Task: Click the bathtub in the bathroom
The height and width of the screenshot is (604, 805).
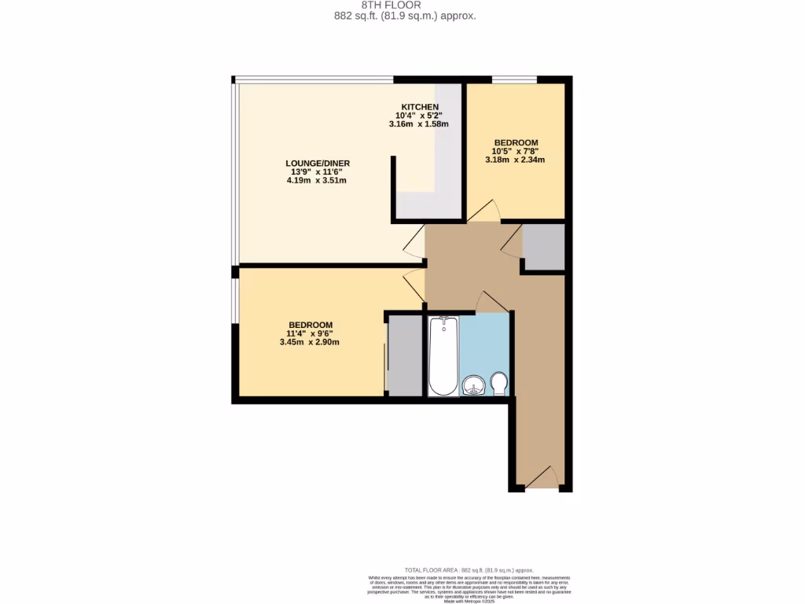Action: click(x=443, y=355)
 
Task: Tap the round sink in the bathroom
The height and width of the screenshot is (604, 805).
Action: click(x=473, y=385)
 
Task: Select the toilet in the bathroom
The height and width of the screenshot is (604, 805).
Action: click(x=498, y=385)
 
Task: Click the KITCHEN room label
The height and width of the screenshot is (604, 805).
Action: click(x=420, y=107)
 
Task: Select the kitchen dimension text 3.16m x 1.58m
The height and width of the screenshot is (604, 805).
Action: click(x=418, y=124)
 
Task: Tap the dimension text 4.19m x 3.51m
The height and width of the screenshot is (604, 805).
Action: click(x=317, y=181)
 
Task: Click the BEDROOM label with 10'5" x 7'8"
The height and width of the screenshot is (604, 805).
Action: click(x=516, y=142)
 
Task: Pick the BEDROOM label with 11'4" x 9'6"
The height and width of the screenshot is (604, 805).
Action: click(x=311, y=325)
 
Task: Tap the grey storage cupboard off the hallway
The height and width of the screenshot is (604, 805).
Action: click(x=544, y=247)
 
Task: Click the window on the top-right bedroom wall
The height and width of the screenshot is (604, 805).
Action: click(x=514, y=79)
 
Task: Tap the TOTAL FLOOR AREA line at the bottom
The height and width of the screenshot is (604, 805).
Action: click(x=469, y=570)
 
